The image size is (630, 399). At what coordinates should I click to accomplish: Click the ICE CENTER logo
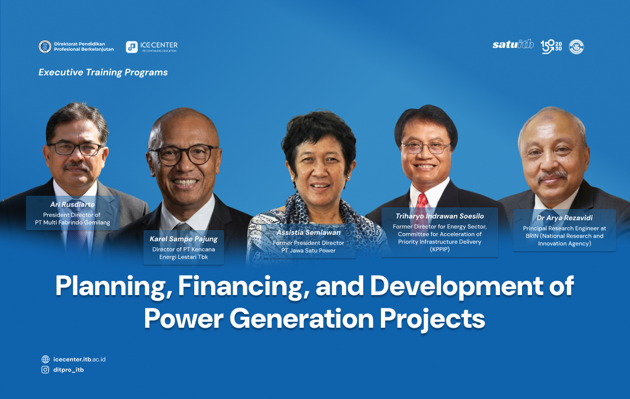click(x=152, y=47)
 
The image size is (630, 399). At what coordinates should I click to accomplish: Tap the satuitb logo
click(x=513, y=45)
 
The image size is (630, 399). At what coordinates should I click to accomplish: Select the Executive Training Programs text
click(x=103, y=72)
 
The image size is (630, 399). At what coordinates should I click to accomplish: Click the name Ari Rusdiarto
click(x=72, y=205)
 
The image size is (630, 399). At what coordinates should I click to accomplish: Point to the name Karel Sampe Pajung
click(x=184, y=239)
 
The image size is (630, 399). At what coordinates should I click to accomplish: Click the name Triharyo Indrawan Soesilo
click(x=440, y=216)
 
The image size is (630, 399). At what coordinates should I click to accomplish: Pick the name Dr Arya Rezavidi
click(x=564, y=218)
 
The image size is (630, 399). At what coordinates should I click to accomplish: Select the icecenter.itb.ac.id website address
click(x=79, y=359)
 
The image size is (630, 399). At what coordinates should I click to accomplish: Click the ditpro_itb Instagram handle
click(x=68, y=370)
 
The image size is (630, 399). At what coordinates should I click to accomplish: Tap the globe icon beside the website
click(x=45, y=359)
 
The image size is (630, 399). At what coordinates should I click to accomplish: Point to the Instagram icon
click(x=45, y=370)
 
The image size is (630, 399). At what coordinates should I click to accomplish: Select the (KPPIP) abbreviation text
click(x=440, y=249)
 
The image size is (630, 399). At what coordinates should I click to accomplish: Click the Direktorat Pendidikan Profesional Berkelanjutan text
click(x=83, y=47)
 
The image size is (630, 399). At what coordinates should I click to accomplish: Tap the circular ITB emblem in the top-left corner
click(x=44, y=47)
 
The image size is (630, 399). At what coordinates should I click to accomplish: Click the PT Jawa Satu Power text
click(x=309, y=251)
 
